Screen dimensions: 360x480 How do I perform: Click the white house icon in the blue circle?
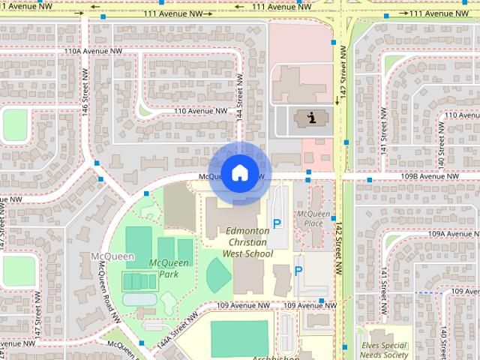point(239,173)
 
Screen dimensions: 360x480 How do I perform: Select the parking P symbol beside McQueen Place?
point(277,223)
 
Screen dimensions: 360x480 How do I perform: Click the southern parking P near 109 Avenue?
point(298,271)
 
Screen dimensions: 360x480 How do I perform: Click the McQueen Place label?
point(314,218)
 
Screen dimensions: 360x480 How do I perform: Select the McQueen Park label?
point(164,268)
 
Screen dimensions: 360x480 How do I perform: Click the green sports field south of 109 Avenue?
point(238,338)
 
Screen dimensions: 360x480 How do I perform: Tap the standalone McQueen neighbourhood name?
point(112,256)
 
